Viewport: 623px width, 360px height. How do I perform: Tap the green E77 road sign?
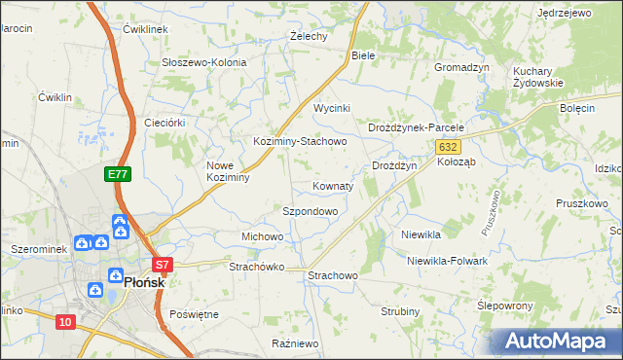pyautogui.click(x=118, y=174)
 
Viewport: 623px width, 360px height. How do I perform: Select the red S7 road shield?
pyautogui.click(x=162, y=265)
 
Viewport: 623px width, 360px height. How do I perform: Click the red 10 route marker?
pyautogui.click(x=65, y=322)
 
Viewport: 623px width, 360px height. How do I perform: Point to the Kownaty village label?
pyautogui.click(x=332, y=185)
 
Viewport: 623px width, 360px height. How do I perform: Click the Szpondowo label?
pyautogui.click(x=310, y=211)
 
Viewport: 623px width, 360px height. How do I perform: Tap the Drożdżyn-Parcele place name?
pyautogui.click(x=417, y=127)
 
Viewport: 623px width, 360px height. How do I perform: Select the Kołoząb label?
pyautogui.click(x=456, y=162)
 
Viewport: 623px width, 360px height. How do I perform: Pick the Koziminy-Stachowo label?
pyautogui.click(x=300, y=141)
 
